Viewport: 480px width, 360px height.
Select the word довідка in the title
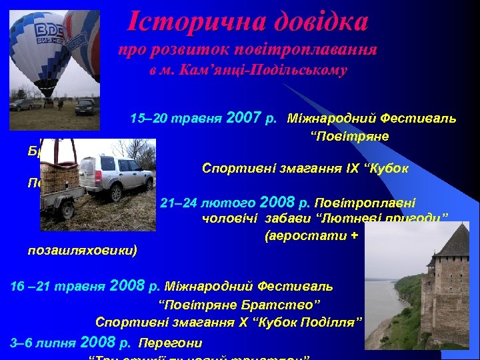(x=313, y=21)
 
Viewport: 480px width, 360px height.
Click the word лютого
(x=233, y=203)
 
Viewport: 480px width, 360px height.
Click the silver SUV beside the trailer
(x=119, y=175)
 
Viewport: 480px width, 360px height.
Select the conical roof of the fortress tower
(x=453, y=243)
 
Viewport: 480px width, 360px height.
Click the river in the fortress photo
(x=393, y=293)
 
